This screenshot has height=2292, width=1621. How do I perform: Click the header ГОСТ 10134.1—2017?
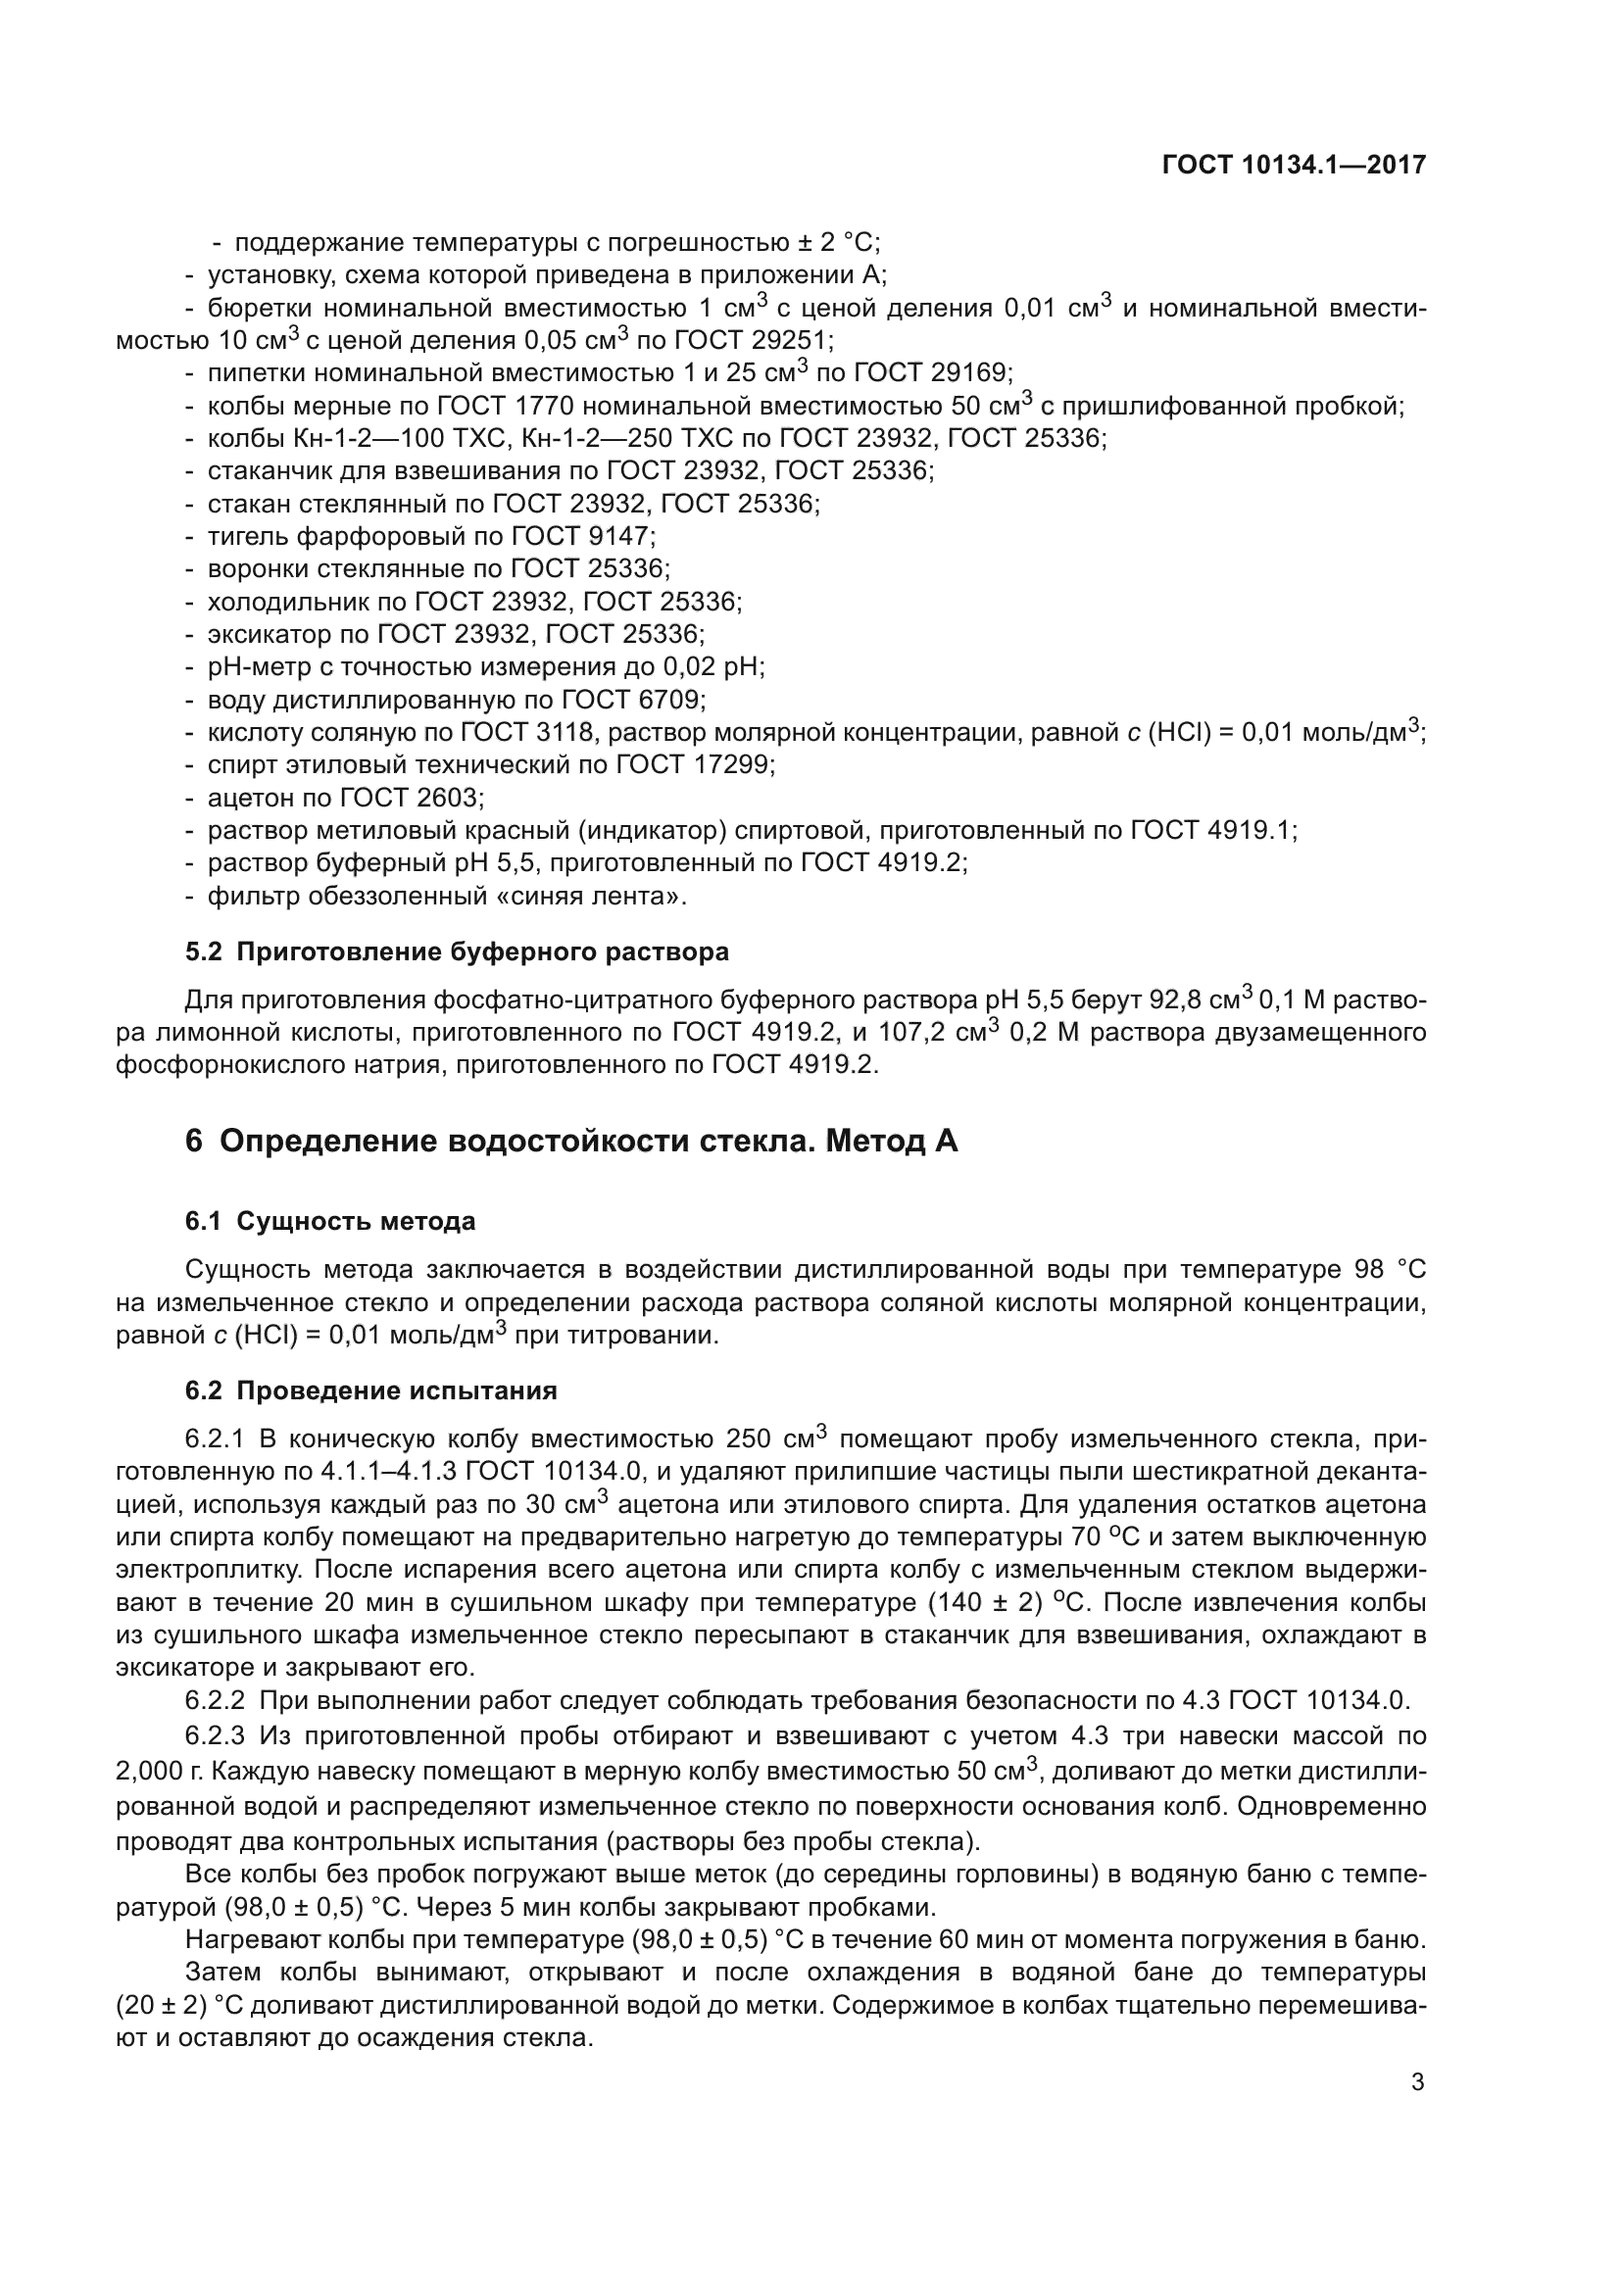pyautogui.click(x=1294, y=165)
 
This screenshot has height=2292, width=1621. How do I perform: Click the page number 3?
pyautogui.click(x=1417, y=2082)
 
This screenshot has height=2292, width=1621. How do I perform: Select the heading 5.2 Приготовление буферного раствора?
pyautogui.click(x=457, y=951)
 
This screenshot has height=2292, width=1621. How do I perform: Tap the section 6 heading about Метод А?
pyautogui.click(x=571, y=1140)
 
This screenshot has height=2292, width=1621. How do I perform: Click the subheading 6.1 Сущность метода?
pyautogui.click(x=330, y=1221)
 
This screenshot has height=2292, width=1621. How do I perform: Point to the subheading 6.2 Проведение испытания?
pyautogui.click(x=371, y=1390)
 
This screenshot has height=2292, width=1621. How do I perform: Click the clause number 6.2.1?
pyautogui.click(x=215, y=1439)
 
